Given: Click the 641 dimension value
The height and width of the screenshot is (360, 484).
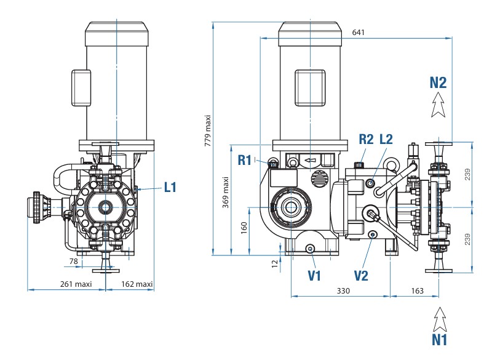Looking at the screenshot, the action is click(x=358, y=32).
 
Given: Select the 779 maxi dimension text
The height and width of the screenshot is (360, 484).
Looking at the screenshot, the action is click(x=208, y=131).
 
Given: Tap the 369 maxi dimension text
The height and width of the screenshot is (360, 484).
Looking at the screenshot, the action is click(x=226, y=193).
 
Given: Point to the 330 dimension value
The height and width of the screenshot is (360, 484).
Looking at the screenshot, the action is click(x=343, y=290).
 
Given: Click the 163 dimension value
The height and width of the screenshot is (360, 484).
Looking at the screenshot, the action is click(x=418, y=290).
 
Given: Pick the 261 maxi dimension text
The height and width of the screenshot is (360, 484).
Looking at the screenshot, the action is click(x=76, y=284).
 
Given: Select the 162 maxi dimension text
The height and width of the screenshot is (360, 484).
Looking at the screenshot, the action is click(x=137, y=284).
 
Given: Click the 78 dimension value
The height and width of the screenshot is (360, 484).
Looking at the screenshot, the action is click(x=73, y=261).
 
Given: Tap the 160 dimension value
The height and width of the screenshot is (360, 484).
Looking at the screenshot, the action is click(x=244, y=228).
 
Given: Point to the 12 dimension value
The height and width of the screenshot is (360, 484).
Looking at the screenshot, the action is click(x=275, y=263).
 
